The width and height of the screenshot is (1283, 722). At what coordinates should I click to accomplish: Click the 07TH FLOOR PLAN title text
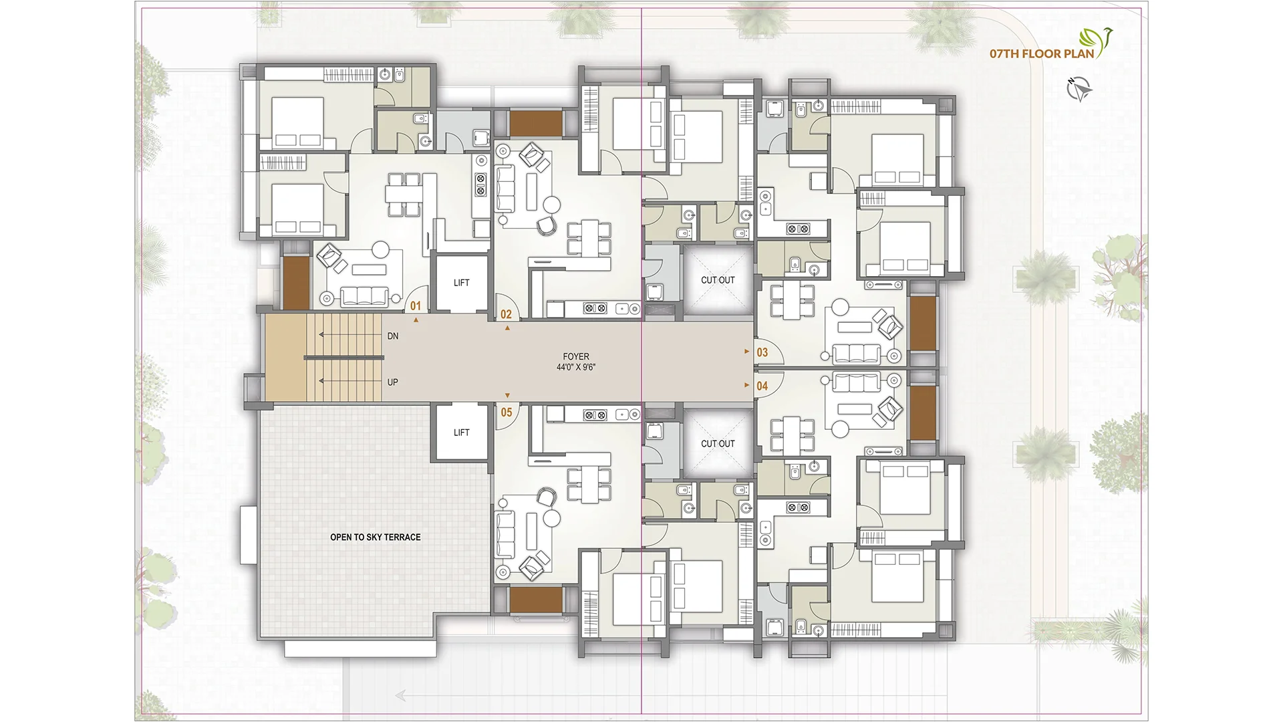pos(1041,53)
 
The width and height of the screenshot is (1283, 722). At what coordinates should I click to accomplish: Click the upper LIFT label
pos(461,283)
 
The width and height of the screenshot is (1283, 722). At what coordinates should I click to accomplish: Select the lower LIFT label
pos(461,433)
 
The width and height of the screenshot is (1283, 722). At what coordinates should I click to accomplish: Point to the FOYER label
pos(575,357)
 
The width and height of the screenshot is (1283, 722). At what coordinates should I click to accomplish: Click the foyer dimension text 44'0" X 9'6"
pos(575,368)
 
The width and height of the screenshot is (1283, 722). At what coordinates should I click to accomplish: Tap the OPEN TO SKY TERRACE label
pos(375,537)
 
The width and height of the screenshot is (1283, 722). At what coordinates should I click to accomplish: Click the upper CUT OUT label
pos(718,280)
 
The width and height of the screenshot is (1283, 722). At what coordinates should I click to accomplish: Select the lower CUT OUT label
pos(718,443)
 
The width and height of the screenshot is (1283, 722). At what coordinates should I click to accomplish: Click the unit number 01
pos(416,306)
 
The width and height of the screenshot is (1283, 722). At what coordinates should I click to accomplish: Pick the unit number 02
pos(506,314)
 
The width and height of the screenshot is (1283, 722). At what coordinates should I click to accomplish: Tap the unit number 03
pos(762,352)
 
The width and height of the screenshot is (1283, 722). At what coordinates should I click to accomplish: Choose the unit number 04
pos(762,386)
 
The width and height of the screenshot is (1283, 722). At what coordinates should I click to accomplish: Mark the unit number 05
pos(507,412)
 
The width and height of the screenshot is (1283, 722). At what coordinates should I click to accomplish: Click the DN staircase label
pos(393,336)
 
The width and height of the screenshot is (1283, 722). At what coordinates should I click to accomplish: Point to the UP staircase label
pos(393,382)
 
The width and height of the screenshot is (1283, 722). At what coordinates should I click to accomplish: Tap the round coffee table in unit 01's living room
pos(381,249)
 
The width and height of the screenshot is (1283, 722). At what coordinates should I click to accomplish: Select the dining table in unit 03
pos(792,301)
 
